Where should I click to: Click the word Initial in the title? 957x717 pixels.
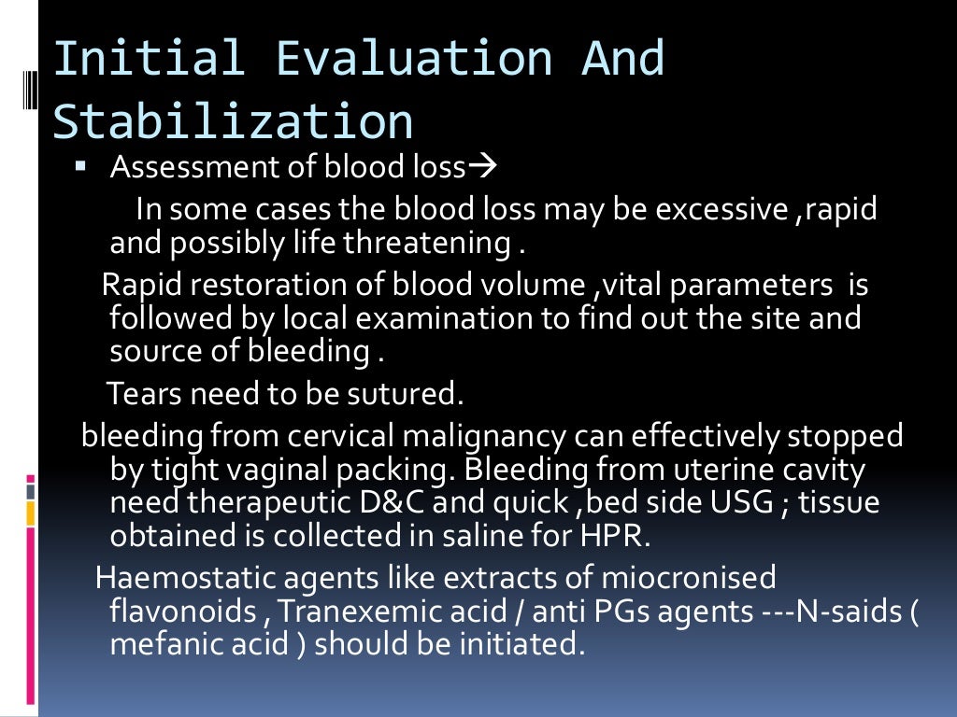point(150,58)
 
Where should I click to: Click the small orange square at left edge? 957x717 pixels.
point(31,513)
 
